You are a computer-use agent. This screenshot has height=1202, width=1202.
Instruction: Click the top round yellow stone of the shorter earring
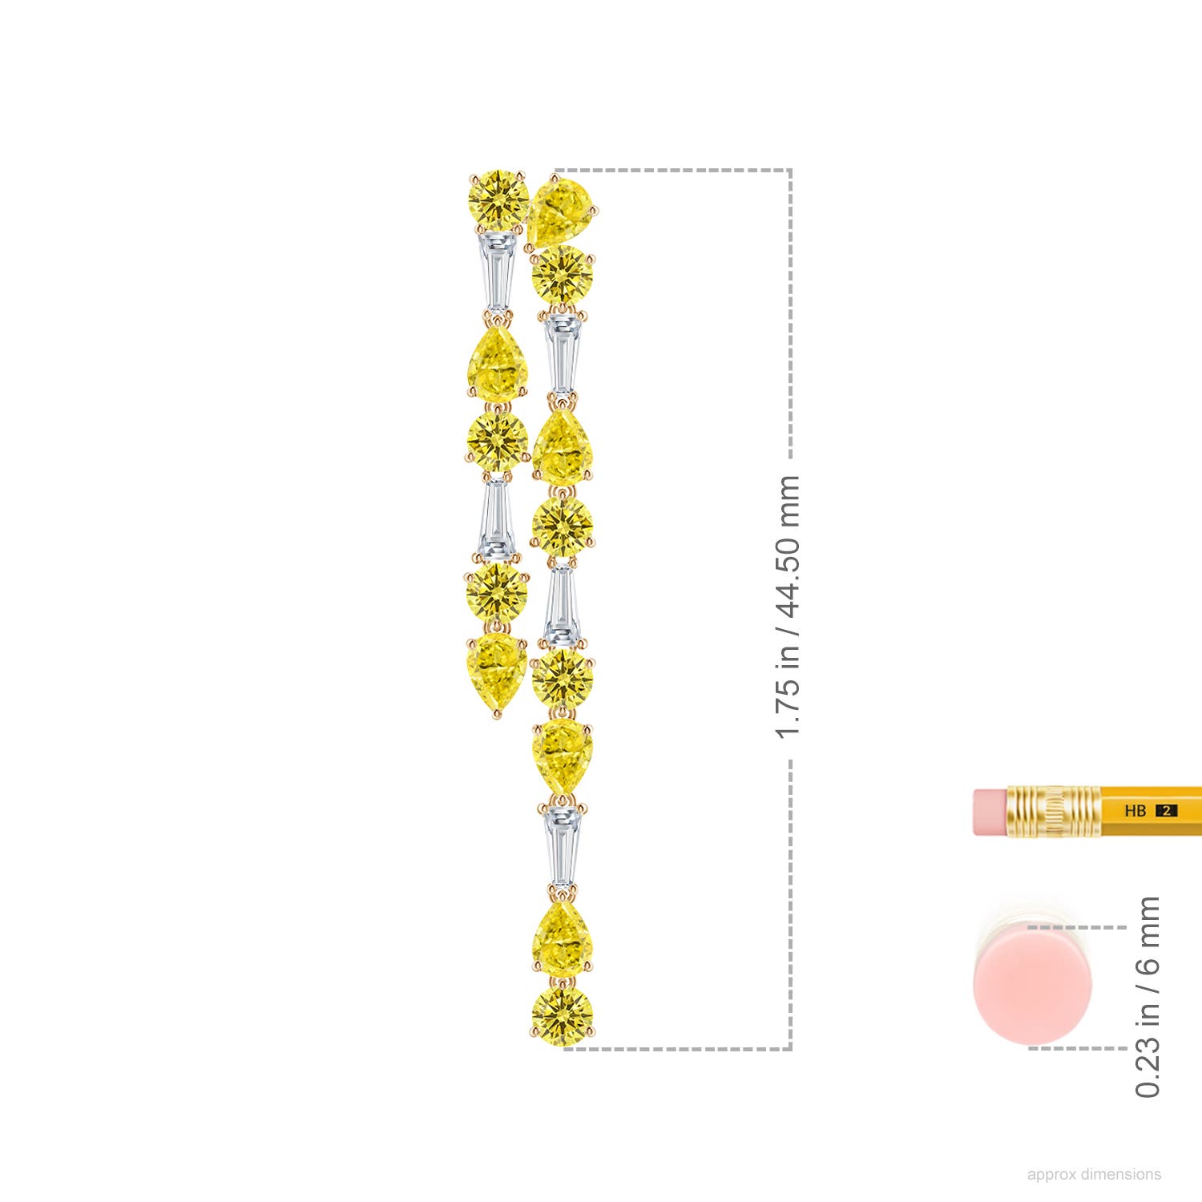tap(498, 199)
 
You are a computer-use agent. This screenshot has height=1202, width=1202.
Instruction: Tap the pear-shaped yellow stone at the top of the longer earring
tap(561, 210)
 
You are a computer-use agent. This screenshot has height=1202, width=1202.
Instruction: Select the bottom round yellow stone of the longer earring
tap(563, 1016)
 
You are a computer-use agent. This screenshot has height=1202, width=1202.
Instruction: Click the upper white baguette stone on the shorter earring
tap(498, 272)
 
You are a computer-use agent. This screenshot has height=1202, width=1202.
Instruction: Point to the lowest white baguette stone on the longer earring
tap(563, 846)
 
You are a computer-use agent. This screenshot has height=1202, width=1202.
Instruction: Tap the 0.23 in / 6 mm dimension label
tap(1148, 997)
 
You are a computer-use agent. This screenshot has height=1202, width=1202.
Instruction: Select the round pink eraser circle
tap(1032, 986)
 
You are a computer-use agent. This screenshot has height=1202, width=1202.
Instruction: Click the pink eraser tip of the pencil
tap(990, 812)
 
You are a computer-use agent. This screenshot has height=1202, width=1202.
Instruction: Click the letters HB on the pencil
tap(1135, 811)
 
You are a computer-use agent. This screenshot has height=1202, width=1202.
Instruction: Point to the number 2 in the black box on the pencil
tap(1167, 811)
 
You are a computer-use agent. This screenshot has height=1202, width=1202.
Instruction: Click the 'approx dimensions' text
tap(1094, 1174)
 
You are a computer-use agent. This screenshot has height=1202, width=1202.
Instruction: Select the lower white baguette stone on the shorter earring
tap(496, 518)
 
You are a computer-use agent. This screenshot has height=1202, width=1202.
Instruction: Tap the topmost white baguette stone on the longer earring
tap(562, 353)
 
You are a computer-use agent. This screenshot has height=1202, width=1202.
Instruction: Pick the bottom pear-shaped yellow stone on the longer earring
tap(563, 938)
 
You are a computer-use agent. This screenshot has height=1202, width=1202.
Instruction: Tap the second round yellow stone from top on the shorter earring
tap(498, 441)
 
